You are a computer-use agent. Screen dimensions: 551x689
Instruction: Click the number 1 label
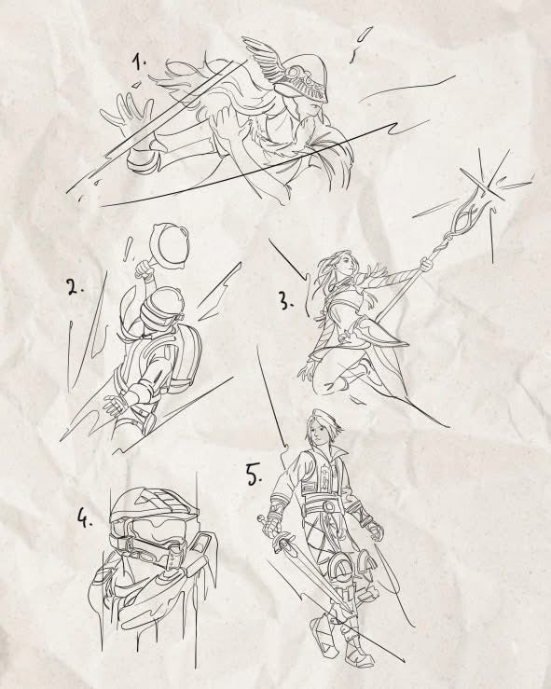139,62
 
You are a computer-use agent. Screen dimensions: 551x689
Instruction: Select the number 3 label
285,301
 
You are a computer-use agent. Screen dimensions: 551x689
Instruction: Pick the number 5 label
254,475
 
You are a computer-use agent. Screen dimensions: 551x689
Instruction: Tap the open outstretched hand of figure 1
128,112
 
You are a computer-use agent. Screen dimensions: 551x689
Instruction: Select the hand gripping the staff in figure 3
426,265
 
